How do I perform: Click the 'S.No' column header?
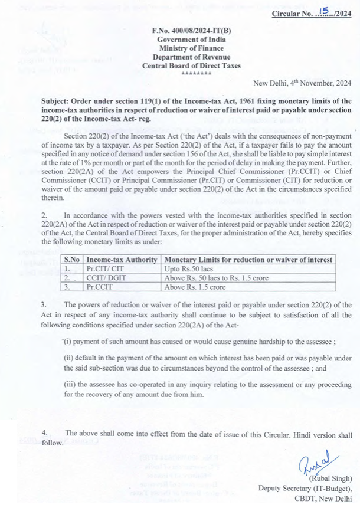click(71, 260)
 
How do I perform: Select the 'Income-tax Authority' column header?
click(121, 260)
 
